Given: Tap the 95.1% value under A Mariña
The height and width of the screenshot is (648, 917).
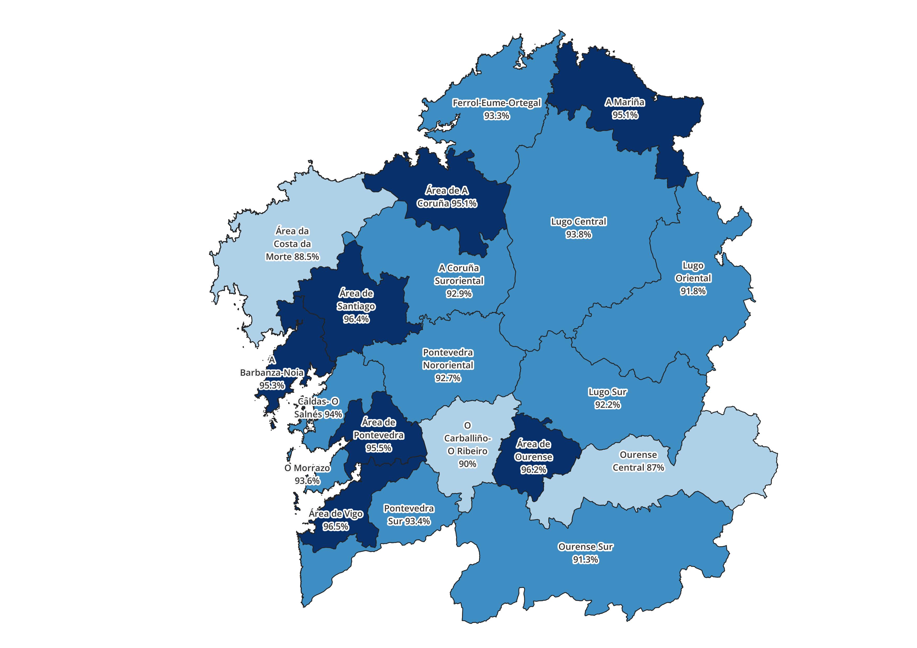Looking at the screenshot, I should tap(625, 115).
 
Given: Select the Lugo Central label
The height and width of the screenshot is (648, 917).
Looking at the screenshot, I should tap(578, 222).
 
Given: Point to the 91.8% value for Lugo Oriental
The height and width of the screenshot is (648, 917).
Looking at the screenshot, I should tap(693, 291).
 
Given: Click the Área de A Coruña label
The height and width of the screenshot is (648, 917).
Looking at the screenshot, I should tap(447, 197).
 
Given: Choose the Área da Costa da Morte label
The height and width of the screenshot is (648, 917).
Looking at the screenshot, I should tap(292, 244).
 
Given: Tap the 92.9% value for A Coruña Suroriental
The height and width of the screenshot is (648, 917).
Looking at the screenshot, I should tap(459, 294).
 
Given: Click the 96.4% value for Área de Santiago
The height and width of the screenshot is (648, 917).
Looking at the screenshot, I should tap(356, 319).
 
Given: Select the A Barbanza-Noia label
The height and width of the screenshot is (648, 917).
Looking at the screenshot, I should tap(272, 373).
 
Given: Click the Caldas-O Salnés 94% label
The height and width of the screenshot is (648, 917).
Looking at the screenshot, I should tap(318, 408).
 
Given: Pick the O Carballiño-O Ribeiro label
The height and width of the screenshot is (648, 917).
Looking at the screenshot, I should tap(467, 444).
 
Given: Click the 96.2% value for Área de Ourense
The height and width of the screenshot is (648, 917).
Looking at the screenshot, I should tap(533, 470).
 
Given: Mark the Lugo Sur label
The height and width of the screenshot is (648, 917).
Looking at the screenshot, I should tap(607, 392).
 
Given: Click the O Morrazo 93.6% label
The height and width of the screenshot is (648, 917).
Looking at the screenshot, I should tap(307, 475).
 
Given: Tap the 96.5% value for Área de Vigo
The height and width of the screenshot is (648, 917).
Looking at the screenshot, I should tap(335, 527).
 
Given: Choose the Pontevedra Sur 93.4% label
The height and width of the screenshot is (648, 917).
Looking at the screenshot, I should tap(409, 515).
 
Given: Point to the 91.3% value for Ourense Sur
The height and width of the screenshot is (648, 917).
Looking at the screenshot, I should tap(585, 560).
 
